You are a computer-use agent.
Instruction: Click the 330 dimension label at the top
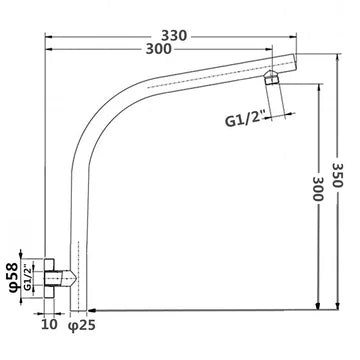[x=173, y=34]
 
